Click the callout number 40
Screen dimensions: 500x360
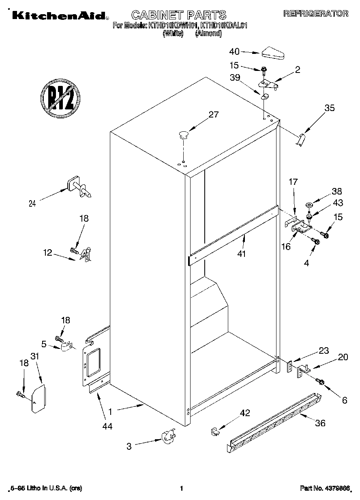coord(234,51)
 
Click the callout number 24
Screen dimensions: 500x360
coord(32,204)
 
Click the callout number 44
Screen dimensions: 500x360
coord(107,426)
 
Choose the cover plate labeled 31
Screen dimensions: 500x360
coord(39,399)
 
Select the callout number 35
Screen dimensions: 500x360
coord(330,108)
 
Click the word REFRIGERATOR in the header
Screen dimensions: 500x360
coord(315,13)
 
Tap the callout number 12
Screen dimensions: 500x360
coord(48,252)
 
